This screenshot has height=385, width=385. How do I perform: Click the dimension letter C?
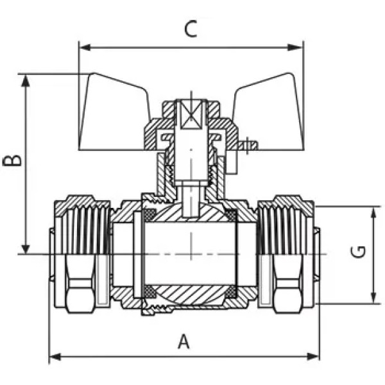(191, 29)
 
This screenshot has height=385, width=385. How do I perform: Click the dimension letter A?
(184, 341)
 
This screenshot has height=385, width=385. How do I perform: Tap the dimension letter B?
(12, 160)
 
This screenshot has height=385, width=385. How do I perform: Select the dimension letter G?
(358, 252)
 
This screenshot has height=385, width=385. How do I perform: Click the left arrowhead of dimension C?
(85, 47)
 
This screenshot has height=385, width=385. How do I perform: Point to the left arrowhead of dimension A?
(55, 357)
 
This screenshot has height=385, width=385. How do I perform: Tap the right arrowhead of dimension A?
(313, 357)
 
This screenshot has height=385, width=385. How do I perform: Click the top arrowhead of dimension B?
(26, 81)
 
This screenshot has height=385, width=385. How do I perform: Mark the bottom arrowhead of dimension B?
(26, 248)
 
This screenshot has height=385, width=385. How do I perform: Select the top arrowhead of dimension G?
(373, 213)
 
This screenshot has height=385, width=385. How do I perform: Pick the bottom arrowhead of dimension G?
(373, 298)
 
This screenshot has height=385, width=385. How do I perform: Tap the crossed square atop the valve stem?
(191, 115)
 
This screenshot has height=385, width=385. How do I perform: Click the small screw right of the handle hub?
(248, 146)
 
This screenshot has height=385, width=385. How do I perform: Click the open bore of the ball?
(191, 253)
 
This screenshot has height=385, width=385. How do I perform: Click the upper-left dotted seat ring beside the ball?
(150, 215)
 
